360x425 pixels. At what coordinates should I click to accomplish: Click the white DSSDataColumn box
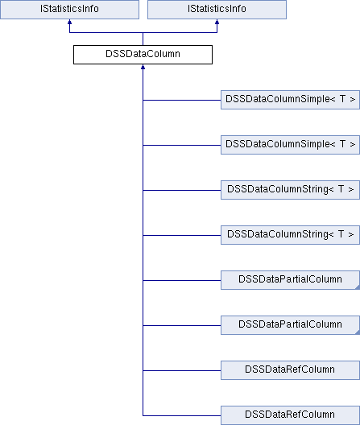143,55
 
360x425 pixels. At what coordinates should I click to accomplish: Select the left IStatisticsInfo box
69,10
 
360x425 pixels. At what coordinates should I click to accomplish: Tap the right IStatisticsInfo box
217,10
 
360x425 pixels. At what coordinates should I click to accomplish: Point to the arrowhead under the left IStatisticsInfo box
69,22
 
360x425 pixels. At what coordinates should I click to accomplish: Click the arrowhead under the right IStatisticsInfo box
217,22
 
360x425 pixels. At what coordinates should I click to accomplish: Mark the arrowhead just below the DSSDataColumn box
143,67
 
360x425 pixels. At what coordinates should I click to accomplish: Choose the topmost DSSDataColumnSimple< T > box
290,100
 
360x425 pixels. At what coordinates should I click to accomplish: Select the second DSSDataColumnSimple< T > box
290,145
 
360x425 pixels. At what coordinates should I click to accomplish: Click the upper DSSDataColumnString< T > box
290,190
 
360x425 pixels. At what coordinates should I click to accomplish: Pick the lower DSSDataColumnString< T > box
290,235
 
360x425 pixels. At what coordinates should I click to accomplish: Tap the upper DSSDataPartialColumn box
290,280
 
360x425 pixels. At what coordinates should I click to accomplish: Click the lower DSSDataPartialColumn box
290,325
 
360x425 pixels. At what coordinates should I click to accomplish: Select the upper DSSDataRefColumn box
290,370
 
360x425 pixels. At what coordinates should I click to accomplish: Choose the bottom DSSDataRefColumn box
290,415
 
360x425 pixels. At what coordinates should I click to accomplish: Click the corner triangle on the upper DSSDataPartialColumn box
358,287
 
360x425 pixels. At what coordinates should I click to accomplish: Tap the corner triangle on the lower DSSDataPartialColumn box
358,332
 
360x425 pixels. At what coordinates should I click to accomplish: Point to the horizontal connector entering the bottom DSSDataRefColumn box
182,415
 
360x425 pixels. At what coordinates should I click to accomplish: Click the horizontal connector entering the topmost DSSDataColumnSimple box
182,101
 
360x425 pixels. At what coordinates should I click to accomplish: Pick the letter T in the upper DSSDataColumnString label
341,189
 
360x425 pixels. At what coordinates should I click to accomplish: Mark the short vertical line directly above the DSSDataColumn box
143,39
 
